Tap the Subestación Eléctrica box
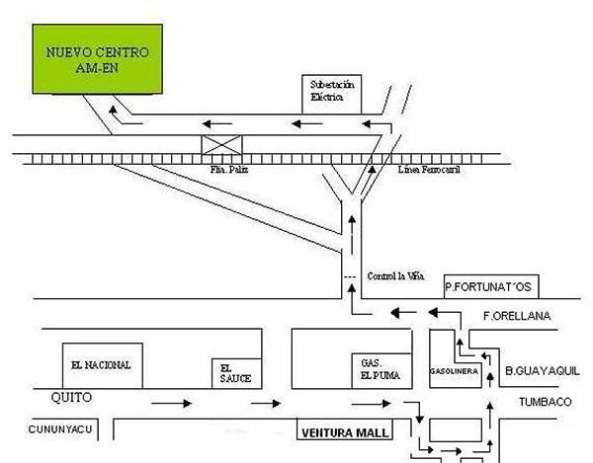click(x=331, y=91)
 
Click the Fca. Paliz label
click(x=224, y=170)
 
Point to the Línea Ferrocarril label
click(x=428, y=171)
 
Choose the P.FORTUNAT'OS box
click(x=489, y=287)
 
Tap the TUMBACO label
click(x=546, y=401)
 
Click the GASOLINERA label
click(x=455, y=371)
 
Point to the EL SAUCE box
click(x=236, y=371)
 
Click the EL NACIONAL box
click(x=101, y=364)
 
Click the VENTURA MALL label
click(x=345, y=432)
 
